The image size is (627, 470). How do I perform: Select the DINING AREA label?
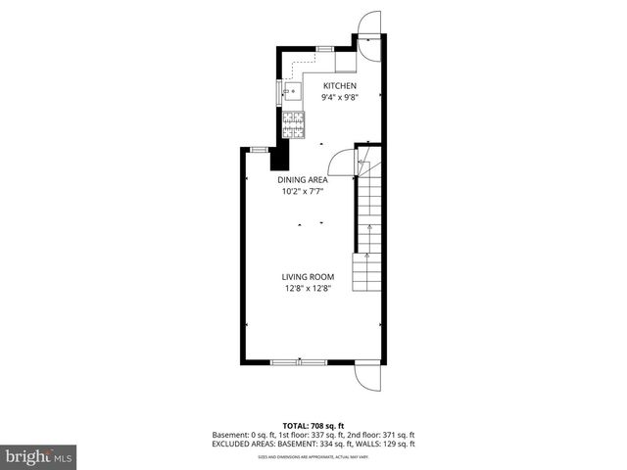tap(302, 180)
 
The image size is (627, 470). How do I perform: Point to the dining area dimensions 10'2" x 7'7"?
tap(302, 192)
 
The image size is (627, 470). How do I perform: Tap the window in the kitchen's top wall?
tap(324, 48)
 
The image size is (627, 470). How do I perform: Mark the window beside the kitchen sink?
tap(278, 92)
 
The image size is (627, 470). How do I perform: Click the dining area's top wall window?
tap(260, 149)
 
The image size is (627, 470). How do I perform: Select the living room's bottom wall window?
tap(299, 362)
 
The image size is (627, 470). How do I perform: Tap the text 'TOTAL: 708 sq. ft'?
tap(313, 426)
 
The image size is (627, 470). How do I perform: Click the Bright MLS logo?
tap(39, 456)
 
